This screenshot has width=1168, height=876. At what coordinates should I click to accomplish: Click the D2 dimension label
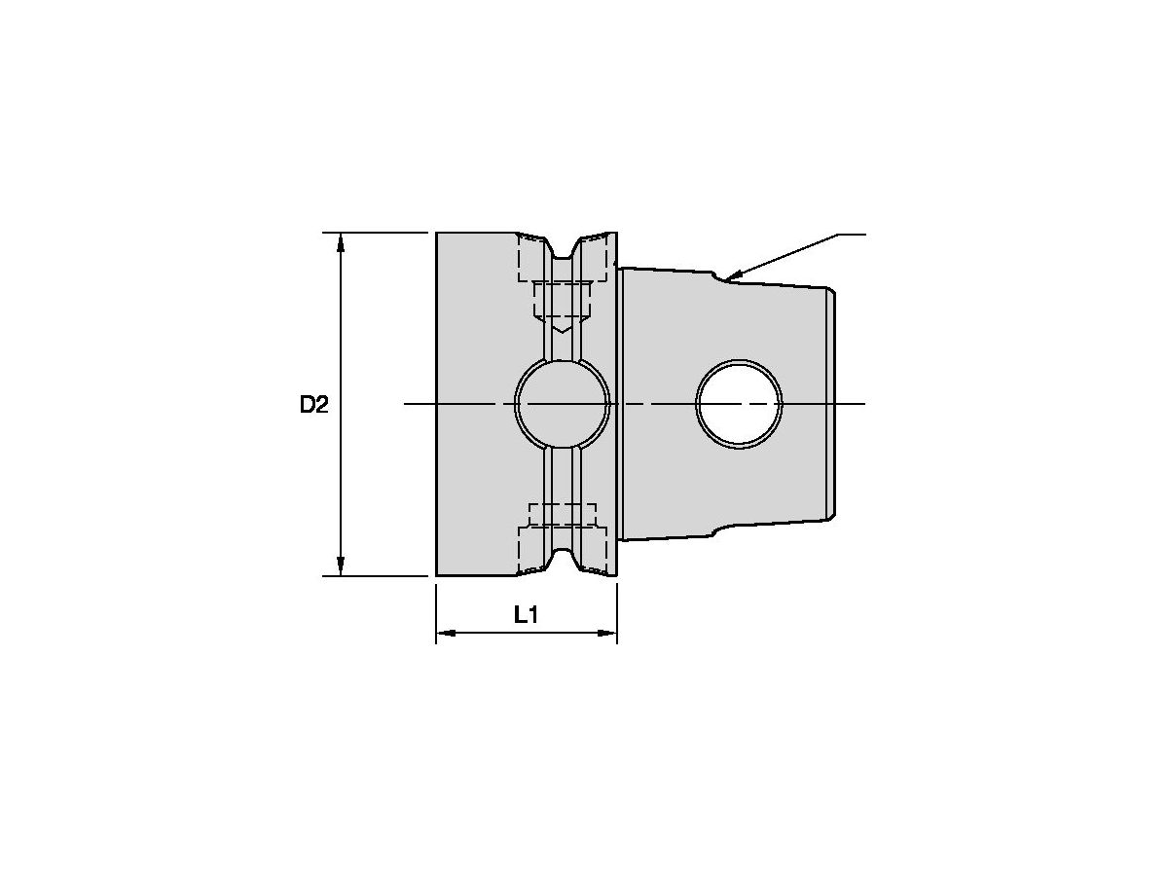click(x=313, y=405)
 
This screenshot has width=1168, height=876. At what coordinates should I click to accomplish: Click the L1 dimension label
click(x=526, y=614)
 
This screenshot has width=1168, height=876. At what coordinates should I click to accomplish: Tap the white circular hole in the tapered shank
click(x=739, y=404)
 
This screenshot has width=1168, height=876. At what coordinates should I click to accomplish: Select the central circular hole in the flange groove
click(x=562, y=404)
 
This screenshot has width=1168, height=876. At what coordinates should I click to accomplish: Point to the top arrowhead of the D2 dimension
click(x=341, y=241)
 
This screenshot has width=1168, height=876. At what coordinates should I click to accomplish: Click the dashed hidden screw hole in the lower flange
click(x=562, y=516)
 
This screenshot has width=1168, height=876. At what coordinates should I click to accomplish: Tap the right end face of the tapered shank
click(x=833, y=404)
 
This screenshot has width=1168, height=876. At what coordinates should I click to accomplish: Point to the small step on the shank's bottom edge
click(x=717, y=530)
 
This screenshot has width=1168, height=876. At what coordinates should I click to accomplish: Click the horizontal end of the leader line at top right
click(x=853, y=235)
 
